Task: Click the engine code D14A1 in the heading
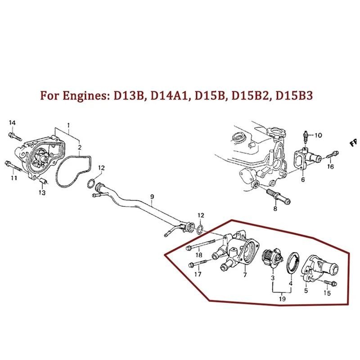coord(171,96)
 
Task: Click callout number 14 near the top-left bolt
coord(12,123)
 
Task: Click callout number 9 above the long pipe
coord(152,196)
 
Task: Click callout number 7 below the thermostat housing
coord(245,274)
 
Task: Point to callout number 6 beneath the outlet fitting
coord(302,179)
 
